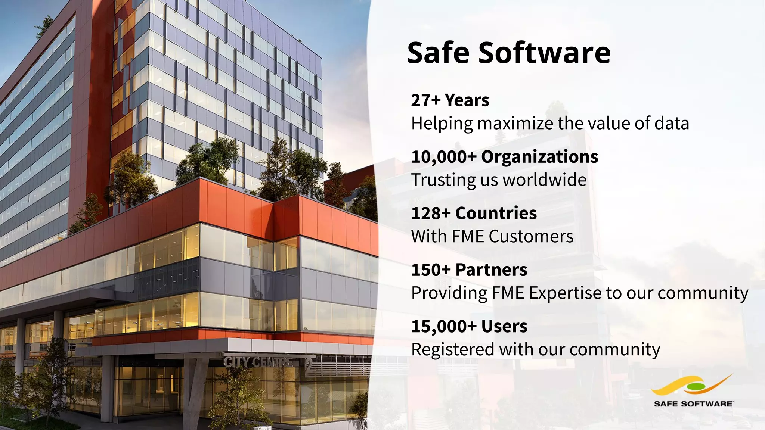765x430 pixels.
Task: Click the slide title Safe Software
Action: (509, 53)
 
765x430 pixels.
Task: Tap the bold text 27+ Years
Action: (450, 100)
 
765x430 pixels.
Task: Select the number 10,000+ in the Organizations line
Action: (444, 157)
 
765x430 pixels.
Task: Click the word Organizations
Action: (539, 157)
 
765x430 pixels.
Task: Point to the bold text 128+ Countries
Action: (474, 213)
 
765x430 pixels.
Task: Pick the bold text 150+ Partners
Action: (469, 270)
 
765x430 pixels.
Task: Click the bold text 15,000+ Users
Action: (469, 326)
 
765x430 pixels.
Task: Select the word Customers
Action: (531, 236)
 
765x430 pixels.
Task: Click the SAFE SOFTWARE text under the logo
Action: (693, 403)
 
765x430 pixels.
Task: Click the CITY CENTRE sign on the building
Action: (258, 362)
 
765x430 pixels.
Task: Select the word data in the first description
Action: (672, 124)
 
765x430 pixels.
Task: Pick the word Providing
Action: (449, 293)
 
